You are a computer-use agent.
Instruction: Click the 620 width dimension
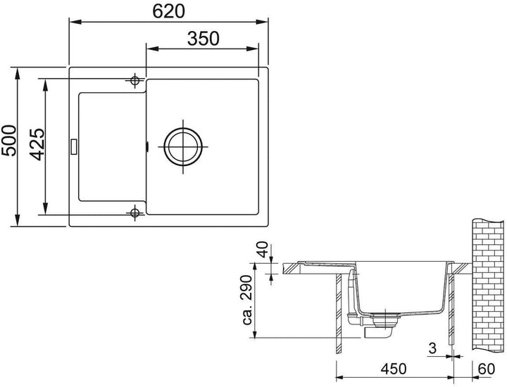pyautogui.click(x=168, y=11)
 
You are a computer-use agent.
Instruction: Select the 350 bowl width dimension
pyautogui.click(x=203, y=39)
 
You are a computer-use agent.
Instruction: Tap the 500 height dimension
pyautogui.click(x=9, y=141)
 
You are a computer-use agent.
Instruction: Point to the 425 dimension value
pyautogui.click(x=37, y=144)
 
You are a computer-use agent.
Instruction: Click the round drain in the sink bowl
pyautogui.click(x=183, y=146)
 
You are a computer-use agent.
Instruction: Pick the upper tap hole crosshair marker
pyautogui.click(x=134, y=80)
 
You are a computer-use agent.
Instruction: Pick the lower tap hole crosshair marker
pyautogui.click(x=134, y=212)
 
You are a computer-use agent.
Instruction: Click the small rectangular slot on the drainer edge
pyautogui.click(x=73, y=146)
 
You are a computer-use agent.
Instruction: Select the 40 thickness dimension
pyautogui.click(x=263, y=250)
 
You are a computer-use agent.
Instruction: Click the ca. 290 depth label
pyautogui.click(x=247, y=300)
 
